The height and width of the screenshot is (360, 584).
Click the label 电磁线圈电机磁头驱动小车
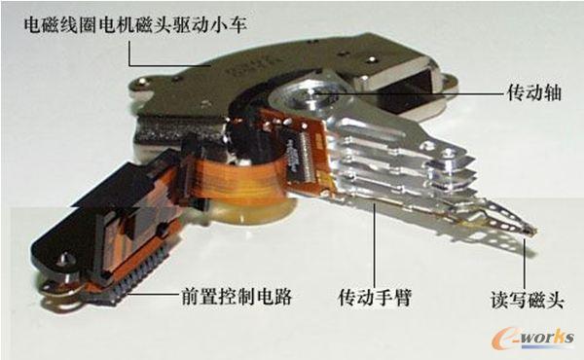click(135, 25)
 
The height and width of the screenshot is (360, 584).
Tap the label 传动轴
click(534, 92)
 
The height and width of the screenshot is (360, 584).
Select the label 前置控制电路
click(237, 297)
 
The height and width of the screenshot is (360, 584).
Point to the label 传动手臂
click(375, 298)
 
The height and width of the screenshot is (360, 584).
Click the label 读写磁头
click(528, 300)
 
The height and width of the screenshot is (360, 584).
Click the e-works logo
click(532, 338)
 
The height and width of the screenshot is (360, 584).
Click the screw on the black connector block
click(65, 259)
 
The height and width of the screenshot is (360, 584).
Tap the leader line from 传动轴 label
click(410, 94)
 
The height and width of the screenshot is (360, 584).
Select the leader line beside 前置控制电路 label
click(153, 294)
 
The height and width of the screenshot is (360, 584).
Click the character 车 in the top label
click(237, 25)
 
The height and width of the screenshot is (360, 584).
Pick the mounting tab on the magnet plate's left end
click(141, 84)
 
